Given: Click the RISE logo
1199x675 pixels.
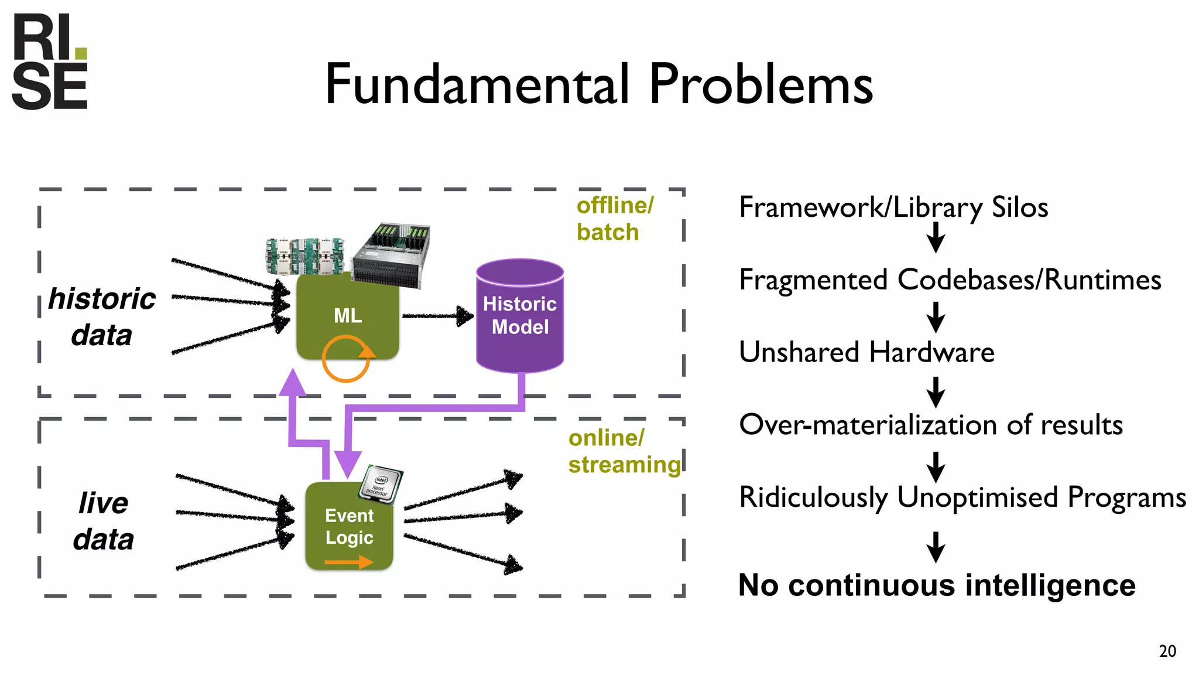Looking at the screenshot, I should click(50, 62).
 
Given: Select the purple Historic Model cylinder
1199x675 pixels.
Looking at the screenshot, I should click(520, 316).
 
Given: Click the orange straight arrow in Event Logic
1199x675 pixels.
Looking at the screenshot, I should click(348, 562).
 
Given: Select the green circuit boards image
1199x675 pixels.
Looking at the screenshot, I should click(304, 255).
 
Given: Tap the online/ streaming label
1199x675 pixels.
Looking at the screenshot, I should click(624, 451).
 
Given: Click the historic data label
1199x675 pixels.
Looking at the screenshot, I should click(102, 316).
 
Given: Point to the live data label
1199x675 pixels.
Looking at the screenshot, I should click(104, 520).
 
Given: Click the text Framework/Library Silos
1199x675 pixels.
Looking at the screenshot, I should click(893, 207).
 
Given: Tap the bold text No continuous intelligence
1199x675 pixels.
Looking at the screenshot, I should click(937, 585).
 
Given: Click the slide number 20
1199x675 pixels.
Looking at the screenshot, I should click(1167, 651).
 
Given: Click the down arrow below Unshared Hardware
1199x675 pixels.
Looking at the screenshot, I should click(936, 391).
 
